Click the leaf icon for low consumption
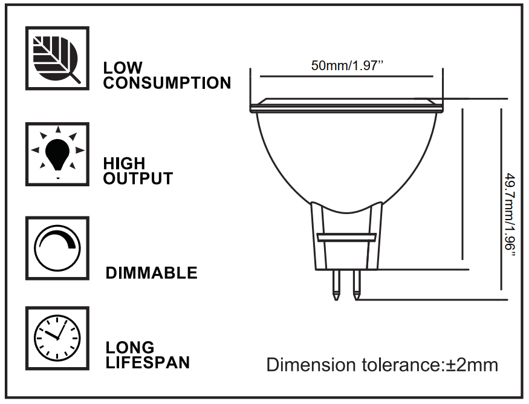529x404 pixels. coord(57,59)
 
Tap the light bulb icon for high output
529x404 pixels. coord(57,154)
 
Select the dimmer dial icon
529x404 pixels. coord(57,248)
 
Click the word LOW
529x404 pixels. coord(123,68)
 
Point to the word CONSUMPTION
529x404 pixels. coord(167,83)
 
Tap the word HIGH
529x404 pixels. coord(125,163)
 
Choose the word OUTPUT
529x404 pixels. coord(138,179)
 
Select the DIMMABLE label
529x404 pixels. coord(152,273)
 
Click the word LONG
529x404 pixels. coord(130,348)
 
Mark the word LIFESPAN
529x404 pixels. coord(148,363)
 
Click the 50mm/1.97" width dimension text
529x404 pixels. coord(348,66)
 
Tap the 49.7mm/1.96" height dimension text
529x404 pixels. coord(511,215)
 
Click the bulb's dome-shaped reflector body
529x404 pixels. coord(347,157)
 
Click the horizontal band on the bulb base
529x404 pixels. coord(347,238)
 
